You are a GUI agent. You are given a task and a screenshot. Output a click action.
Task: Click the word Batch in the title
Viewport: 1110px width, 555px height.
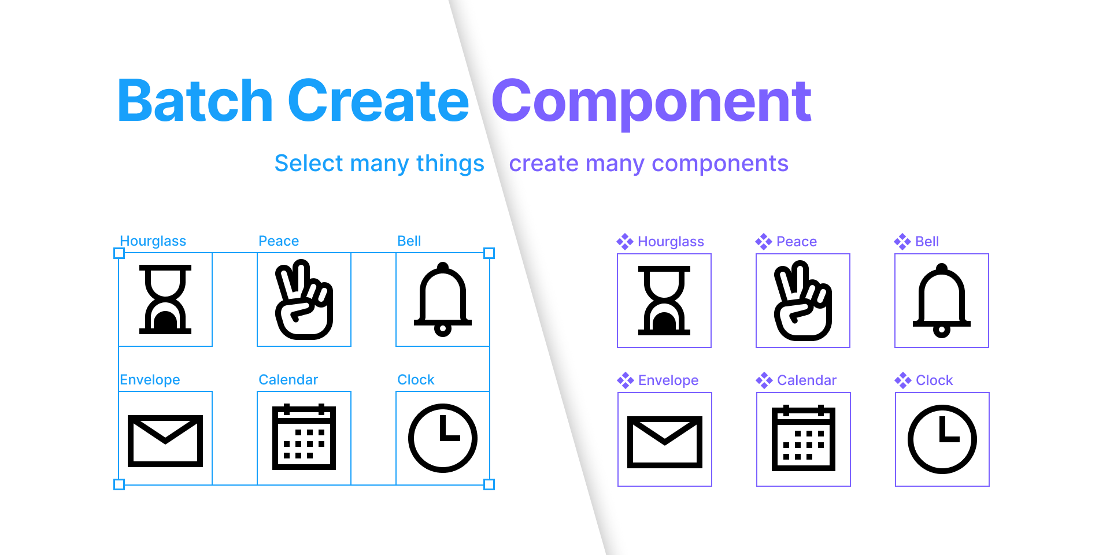[x=194, y=101]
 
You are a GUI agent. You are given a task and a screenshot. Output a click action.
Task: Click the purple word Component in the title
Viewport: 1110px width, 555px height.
[x=651, y=101]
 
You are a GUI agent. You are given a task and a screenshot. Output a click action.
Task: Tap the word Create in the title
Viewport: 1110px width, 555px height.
[x=378, y=101]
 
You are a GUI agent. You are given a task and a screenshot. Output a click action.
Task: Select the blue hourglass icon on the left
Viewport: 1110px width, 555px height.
[x=165, y=299]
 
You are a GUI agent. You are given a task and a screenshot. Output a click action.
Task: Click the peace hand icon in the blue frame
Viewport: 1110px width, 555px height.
[x=304, y=299]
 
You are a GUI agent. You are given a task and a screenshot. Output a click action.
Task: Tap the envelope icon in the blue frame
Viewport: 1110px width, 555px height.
[x=165, y=441]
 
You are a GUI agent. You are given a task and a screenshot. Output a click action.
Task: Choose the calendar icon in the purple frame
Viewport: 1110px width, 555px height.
[x=803, y=439]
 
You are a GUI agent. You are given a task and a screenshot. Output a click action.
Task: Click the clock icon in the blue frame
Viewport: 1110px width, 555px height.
[x=443, y=438]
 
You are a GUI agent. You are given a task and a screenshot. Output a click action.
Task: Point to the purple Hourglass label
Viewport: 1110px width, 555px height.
[x=671, y=242]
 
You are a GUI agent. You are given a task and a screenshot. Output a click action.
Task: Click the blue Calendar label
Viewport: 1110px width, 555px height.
[x=288, y=380]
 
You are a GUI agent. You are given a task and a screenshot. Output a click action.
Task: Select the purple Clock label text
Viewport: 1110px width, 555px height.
[x=934, y=380]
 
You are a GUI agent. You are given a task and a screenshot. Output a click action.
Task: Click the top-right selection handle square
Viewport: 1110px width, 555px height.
[x=489, y=253]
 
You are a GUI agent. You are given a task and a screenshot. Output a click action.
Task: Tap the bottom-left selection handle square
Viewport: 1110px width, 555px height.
[x=119, y=484]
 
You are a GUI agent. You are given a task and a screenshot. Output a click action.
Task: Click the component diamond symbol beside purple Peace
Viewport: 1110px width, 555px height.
[x=764, y=242]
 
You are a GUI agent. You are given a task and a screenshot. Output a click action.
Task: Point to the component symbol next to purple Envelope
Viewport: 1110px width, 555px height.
[x=626, y=380]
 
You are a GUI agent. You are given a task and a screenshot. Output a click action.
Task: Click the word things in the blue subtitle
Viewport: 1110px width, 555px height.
[x=450, y=164]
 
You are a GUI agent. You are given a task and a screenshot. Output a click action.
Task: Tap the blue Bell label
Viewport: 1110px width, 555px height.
[x=409, y=241]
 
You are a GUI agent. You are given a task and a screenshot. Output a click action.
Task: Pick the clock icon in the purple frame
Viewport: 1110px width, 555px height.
[x=942, y=439]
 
